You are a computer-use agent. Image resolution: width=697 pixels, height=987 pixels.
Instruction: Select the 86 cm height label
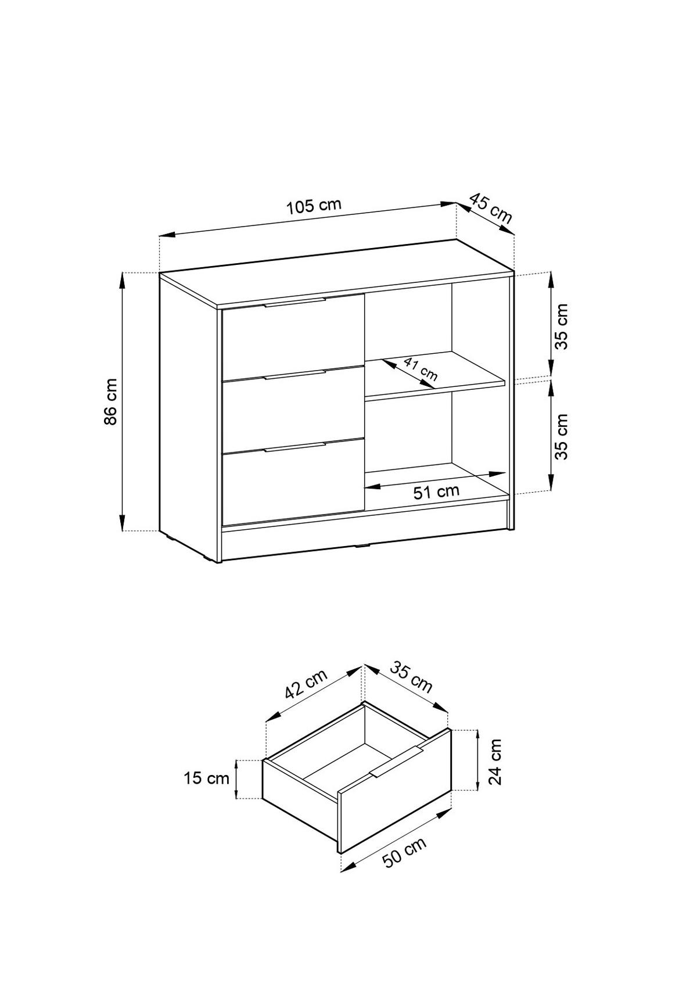[x=110, y=401]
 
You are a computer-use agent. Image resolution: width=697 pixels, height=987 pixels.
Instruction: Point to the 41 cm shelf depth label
[x=420, y=369]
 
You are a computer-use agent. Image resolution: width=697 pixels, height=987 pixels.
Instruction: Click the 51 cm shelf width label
[x=436, y=491]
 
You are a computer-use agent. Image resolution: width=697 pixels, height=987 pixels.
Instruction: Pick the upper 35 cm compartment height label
[x=561, y=326]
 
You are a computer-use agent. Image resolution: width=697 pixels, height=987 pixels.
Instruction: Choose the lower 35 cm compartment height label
[x=561, y=436]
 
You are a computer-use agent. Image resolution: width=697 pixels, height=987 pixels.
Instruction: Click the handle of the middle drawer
[x=294, y=374]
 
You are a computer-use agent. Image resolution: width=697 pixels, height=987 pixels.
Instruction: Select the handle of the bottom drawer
[x=294, y=447]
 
